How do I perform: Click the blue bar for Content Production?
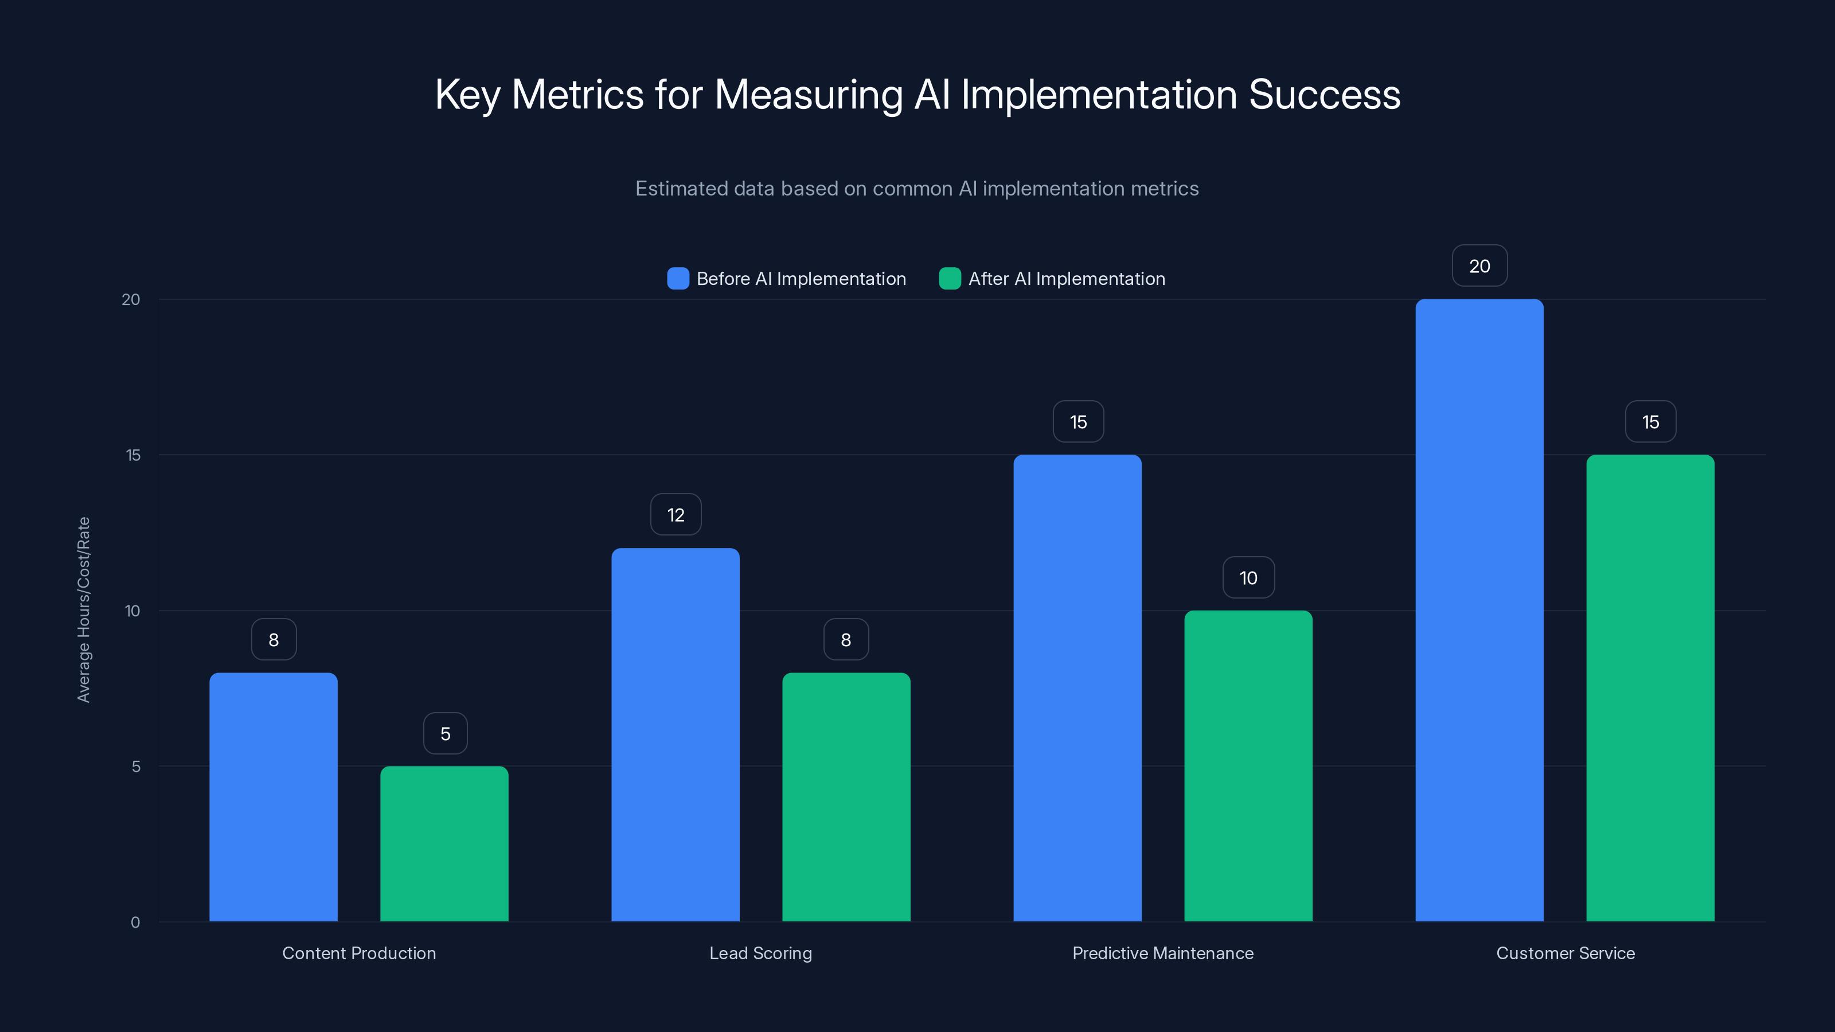pyautogui.click(x=274, y=797)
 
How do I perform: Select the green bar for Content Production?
pyautogui.click(x=444, y=844)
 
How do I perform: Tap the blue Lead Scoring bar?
pyautogui.click(x=676, y=734)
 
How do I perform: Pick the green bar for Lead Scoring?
pyautogui.click(x=846, y=797)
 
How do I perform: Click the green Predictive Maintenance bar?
pyautogui.click(x=1248, y=765)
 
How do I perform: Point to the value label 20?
pyautogui.click(x=1479, y=265)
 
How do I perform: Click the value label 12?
pyautogui.click(x=676, y=515)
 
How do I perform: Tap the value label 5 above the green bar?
pyautogui.click(x=445, y=734)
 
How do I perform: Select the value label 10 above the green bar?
pyautogui.click(x=1248, y=577)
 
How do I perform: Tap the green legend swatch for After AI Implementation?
pyautogui.click(x=950, y=279)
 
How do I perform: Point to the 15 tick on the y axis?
pyautogui.click(x=133, y=455)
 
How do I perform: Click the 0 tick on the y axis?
pyautogui.click(x=135, y=922)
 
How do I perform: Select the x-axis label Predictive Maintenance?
pyautogui.click(x=1162, y=953)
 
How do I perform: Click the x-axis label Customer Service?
pyautogui.click(x=1565, y=953)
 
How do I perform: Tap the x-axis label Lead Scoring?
pyautogui.click(x=760, y=953)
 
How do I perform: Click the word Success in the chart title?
pyautogui.click(x=1324, y=95)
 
